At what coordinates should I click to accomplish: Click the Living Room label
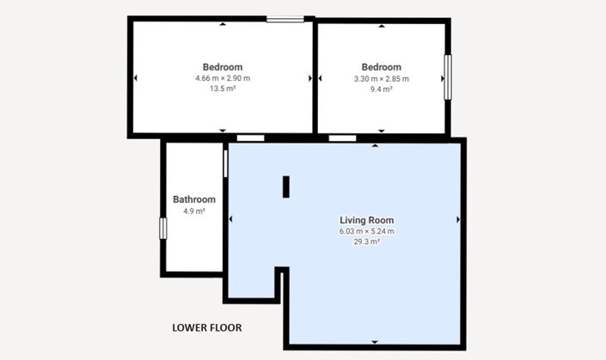367,220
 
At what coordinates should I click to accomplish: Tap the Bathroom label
194,199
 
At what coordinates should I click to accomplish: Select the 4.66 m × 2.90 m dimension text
223,78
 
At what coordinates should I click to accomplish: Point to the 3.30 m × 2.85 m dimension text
382,79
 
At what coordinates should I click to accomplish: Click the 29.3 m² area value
367,241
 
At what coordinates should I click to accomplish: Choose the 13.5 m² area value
223,88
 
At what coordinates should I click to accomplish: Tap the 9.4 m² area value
382,89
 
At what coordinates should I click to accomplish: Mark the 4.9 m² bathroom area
194,211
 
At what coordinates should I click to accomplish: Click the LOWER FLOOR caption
207,327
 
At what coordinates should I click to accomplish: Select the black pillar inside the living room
286,187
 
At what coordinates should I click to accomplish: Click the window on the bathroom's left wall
163,229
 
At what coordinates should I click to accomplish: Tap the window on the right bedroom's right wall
448,77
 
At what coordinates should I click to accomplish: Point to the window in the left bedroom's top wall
285,19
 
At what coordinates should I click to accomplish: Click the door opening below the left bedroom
250,137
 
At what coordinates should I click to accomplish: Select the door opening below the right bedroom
342,137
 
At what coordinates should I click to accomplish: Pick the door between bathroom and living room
225,164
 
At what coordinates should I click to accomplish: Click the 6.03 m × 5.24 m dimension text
367,231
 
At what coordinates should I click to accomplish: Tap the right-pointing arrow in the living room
458,219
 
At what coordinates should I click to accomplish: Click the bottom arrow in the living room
375,342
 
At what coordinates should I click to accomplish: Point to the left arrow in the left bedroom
135,78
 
